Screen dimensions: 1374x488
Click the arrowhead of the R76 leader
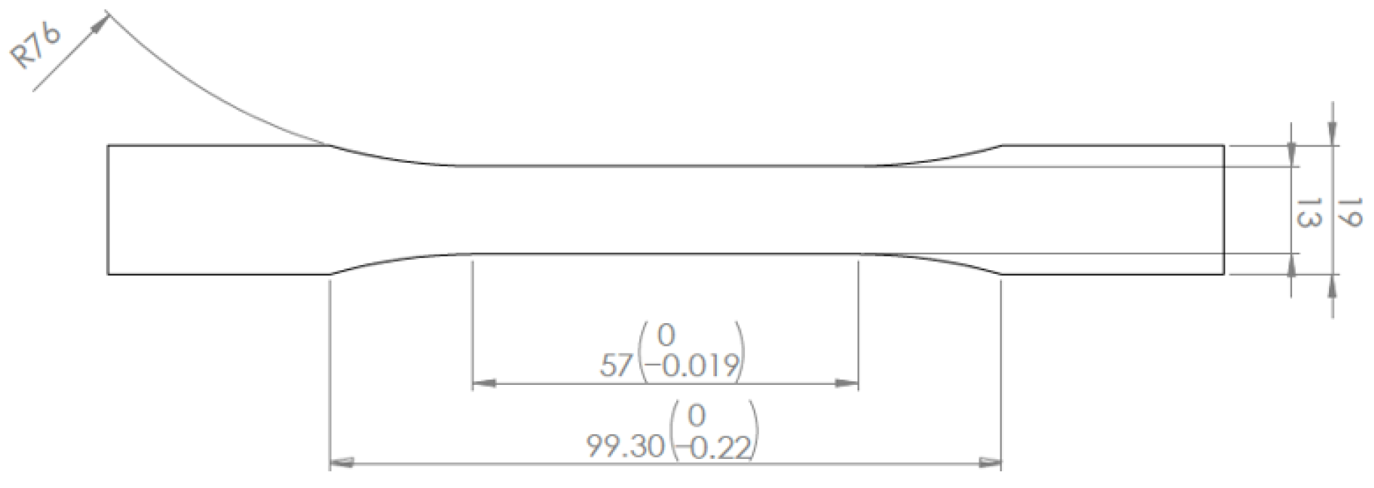coord(101,23)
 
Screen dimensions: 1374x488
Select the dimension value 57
coord(617,365)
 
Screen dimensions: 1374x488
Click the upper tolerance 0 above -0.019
coord(665,335)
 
